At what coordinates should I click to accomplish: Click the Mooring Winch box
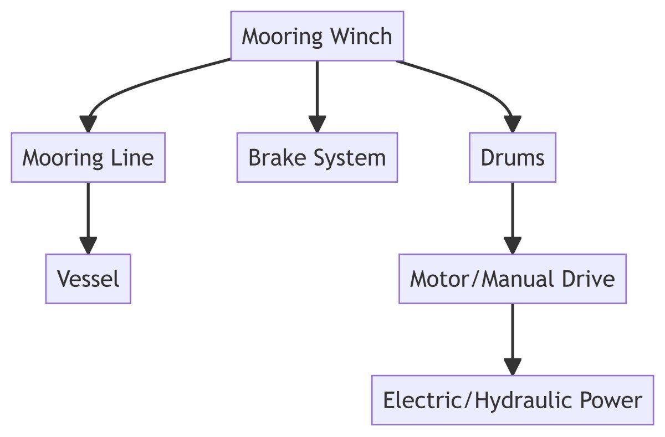[x=317, y=36]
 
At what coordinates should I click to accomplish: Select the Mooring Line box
[x=88, y=157]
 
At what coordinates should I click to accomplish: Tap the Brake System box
[x=317, y=157]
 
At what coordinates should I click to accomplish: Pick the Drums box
[x=512, y=157]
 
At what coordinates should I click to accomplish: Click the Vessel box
[x=88, y=279]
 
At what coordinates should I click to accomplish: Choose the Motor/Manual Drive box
[x=512, y=279]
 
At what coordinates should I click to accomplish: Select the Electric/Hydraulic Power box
[x=512, y=400]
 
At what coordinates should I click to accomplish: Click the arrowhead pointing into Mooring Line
[x=88, y=124]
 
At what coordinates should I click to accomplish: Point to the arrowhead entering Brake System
[x=317, y=124]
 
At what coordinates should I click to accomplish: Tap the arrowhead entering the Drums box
[x=512, y=124]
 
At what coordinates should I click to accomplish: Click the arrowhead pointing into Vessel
[x=88, y=245]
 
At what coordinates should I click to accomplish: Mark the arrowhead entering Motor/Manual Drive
[x=512, y=245]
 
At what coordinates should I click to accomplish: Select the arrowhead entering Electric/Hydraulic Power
[x=512, y=367]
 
